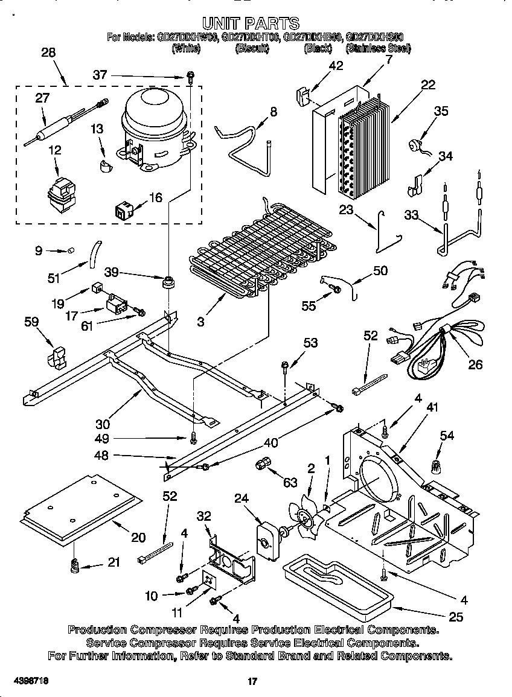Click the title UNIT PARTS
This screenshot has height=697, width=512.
(x=250, y=23)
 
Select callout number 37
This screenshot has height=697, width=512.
(x=100, y=75)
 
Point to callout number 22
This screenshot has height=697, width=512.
(x=427, y=85)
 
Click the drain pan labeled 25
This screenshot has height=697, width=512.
(x=338, y=588)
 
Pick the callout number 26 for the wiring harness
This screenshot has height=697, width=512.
(x=476, y=364)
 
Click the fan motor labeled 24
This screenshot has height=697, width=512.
(x=266, y=536)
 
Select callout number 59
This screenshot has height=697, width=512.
(x=31, y=322)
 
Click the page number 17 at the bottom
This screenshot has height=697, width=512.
(x=253, y=681)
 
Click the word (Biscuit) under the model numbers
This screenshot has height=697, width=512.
(x=251, y=49)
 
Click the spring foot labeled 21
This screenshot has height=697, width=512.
(x=74, y=566)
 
